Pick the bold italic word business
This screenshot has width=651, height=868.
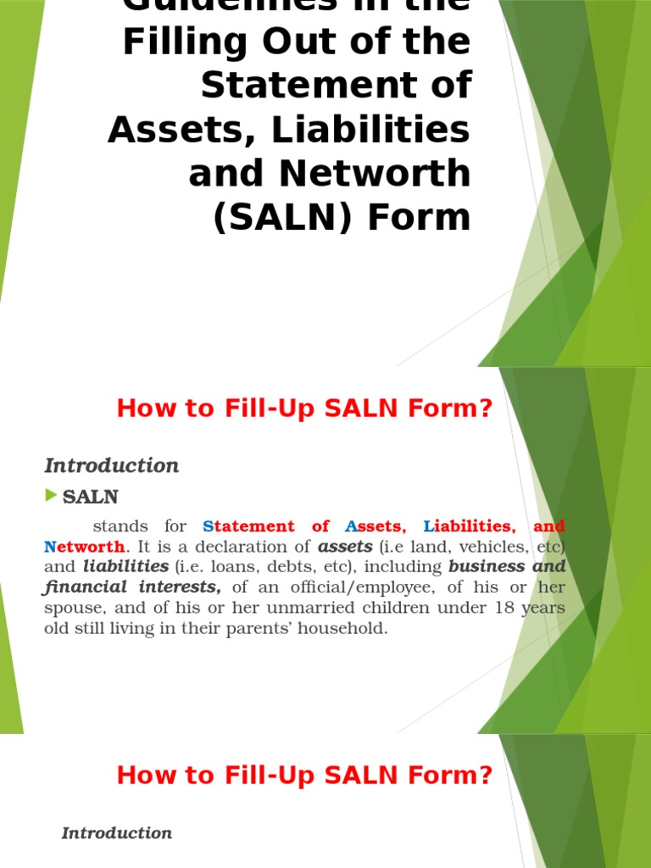(x=487, y=566)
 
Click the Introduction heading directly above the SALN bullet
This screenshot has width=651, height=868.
(x=112, y=465)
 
